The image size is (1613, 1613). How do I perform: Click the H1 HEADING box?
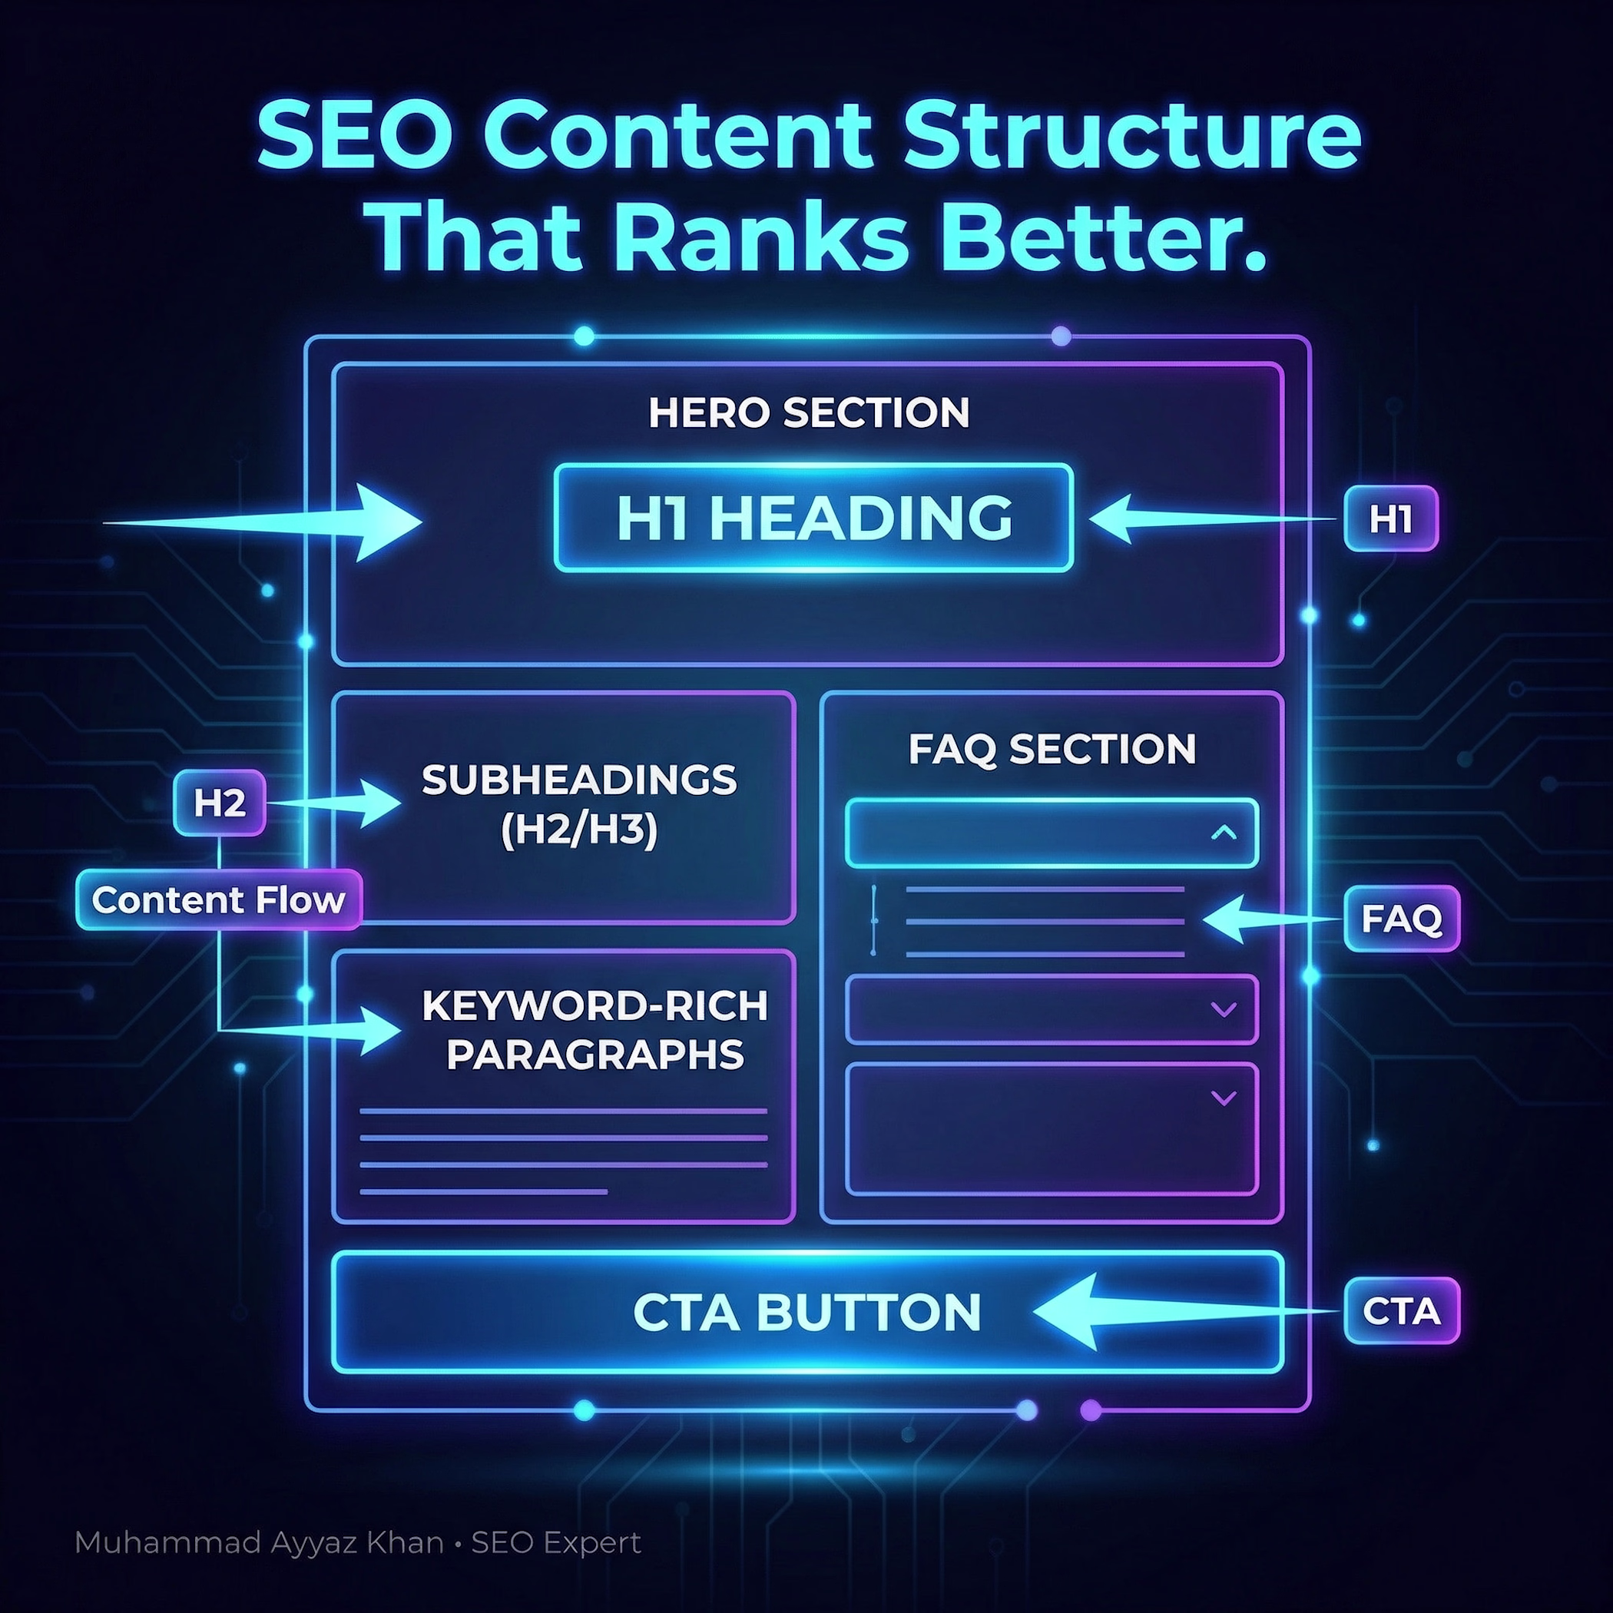click(x=813, y=518)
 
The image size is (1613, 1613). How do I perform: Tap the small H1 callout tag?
click(x=1391, y=518)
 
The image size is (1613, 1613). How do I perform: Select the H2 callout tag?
click(x=220, y=803)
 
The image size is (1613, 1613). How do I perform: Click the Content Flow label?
click(x=219, y=900)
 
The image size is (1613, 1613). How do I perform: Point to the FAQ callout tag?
click(x=1402, y=919)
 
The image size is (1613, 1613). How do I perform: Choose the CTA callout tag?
click(x=1402, y=1311)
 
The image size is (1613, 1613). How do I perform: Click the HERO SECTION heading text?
click(x=809, y=412)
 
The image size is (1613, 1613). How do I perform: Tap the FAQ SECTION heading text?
click(x=1052, y=749)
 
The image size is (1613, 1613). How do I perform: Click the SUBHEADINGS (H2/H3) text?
click(x=579, y=805)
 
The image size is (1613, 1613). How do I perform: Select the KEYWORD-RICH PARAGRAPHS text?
click(x=595, y=1030)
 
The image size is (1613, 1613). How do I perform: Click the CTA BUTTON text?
click(x=807, y=1313)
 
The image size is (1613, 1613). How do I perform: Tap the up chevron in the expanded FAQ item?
click(x=1224, y=833)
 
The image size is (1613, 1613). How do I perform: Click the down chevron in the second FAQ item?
click(x=1224, y=1009)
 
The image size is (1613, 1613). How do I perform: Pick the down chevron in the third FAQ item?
click(x=1224, y=1098)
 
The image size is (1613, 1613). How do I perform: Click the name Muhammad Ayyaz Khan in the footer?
click(x=259, y=1543)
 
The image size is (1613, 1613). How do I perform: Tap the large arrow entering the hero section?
click(x=262, y=522)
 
